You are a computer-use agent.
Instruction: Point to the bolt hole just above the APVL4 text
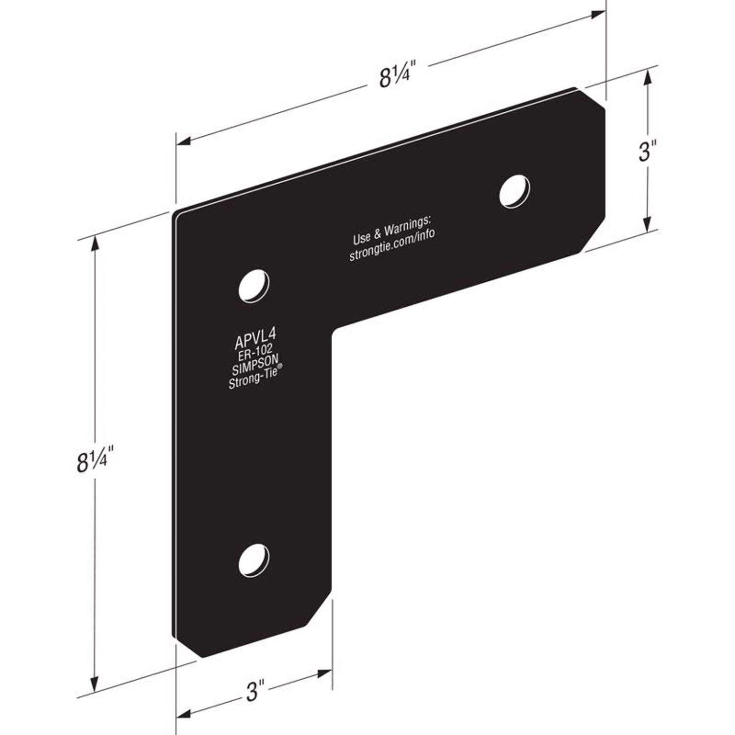tap(254, 285)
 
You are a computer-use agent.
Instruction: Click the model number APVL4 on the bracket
tap(255, 338)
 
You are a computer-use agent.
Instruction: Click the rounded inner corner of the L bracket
tap(335, 333)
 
